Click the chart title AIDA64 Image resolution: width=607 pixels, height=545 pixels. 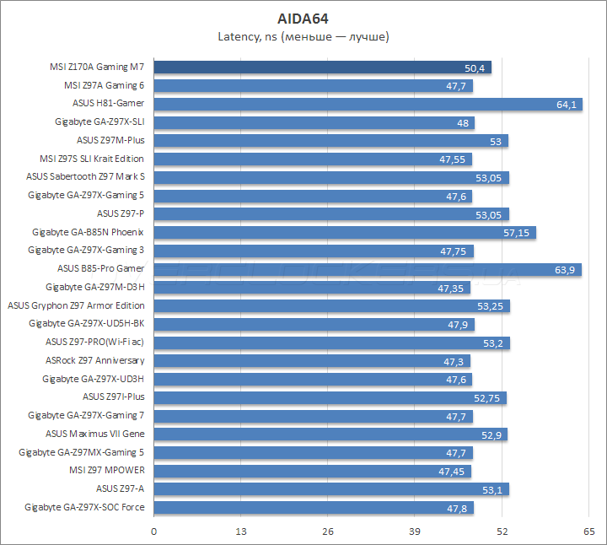click(x=303, y=18)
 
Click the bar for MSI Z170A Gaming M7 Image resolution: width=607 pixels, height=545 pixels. click(x=322, y=67)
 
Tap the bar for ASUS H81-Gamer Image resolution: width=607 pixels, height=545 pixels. click(x=368, y=104)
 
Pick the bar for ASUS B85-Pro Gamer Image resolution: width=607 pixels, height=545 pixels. click(x=367, y=269)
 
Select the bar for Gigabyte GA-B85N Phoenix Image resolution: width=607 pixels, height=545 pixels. click(x=345, y=232)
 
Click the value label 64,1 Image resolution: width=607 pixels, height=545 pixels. click(x=566, y=105)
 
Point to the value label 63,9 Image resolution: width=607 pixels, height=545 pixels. click(x=565, y=270)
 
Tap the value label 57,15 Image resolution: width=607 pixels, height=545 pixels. click(x=516, y=233)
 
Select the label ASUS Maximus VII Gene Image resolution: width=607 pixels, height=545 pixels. click(x=94, y=434)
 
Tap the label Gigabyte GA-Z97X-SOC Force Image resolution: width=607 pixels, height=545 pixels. click(x=84, y=507)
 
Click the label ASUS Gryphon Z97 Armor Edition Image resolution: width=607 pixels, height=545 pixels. click(x=75, y=305)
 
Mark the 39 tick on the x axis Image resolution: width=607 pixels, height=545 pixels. click(x=415, y=531)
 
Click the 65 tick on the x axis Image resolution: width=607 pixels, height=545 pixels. click(x=588, y=531)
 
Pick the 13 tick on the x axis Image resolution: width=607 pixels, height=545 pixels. click(x=240, y=531)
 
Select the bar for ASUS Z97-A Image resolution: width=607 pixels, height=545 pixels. click(x=330, y=488)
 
